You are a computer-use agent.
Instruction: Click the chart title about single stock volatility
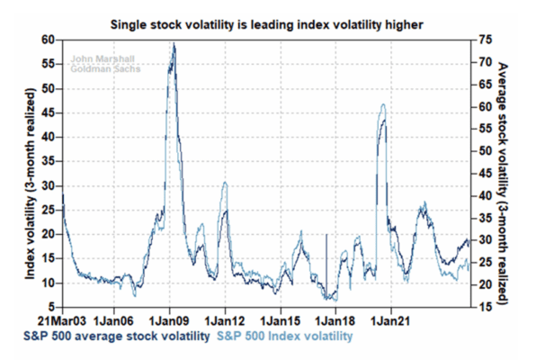click(x=266, y=24)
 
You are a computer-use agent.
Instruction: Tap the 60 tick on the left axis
click(x=49, y=40)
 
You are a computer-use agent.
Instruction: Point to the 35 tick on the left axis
click(x=49, y=161)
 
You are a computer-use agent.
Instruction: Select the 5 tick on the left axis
click(x=51, y=307)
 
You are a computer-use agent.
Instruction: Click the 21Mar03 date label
click(x=63, y=321)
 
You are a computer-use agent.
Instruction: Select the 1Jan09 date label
click(x=169, y=321)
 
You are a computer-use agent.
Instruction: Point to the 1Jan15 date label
click(x=281, y=321)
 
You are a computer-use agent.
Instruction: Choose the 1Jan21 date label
click(x=390, y=321)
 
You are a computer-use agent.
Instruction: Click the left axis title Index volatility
click(x=30, y=184)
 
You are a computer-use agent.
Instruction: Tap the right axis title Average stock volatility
click(x=503, y=184)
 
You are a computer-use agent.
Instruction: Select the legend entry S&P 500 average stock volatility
click(x=117, y=337)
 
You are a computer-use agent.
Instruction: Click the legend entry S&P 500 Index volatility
click(x=285, y=337)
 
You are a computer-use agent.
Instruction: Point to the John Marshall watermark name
click(x=103, y=58)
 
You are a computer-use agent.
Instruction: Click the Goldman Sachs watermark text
click(x=105, y=68)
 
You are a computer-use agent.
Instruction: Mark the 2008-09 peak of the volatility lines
click(x=174, y=44)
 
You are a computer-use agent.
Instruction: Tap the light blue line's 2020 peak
click(x=383, y=104)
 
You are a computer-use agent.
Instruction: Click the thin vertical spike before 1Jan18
click(x=326, y=266)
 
